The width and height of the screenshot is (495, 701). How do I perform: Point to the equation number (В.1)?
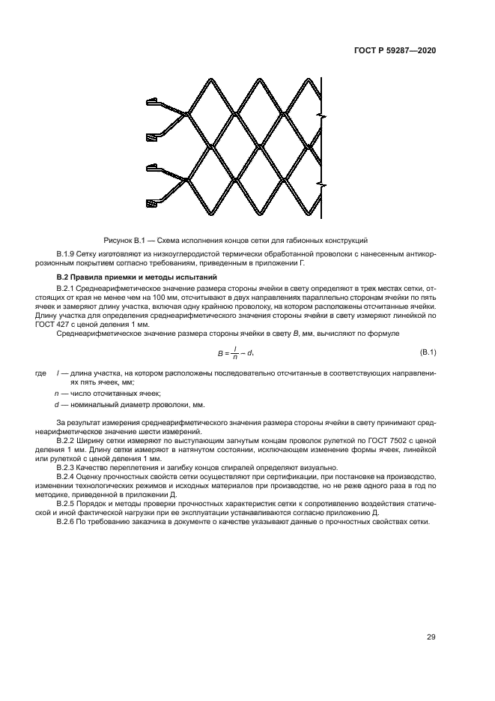click(x=428, y=352)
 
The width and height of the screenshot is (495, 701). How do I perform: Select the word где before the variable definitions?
click(x=40, y=373)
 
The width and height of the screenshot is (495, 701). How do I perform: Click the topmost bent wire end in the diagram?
click(x=153, y=101)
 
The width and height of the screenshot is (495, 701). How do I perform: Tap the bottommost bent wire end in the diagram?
click(x=153, y=202)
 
